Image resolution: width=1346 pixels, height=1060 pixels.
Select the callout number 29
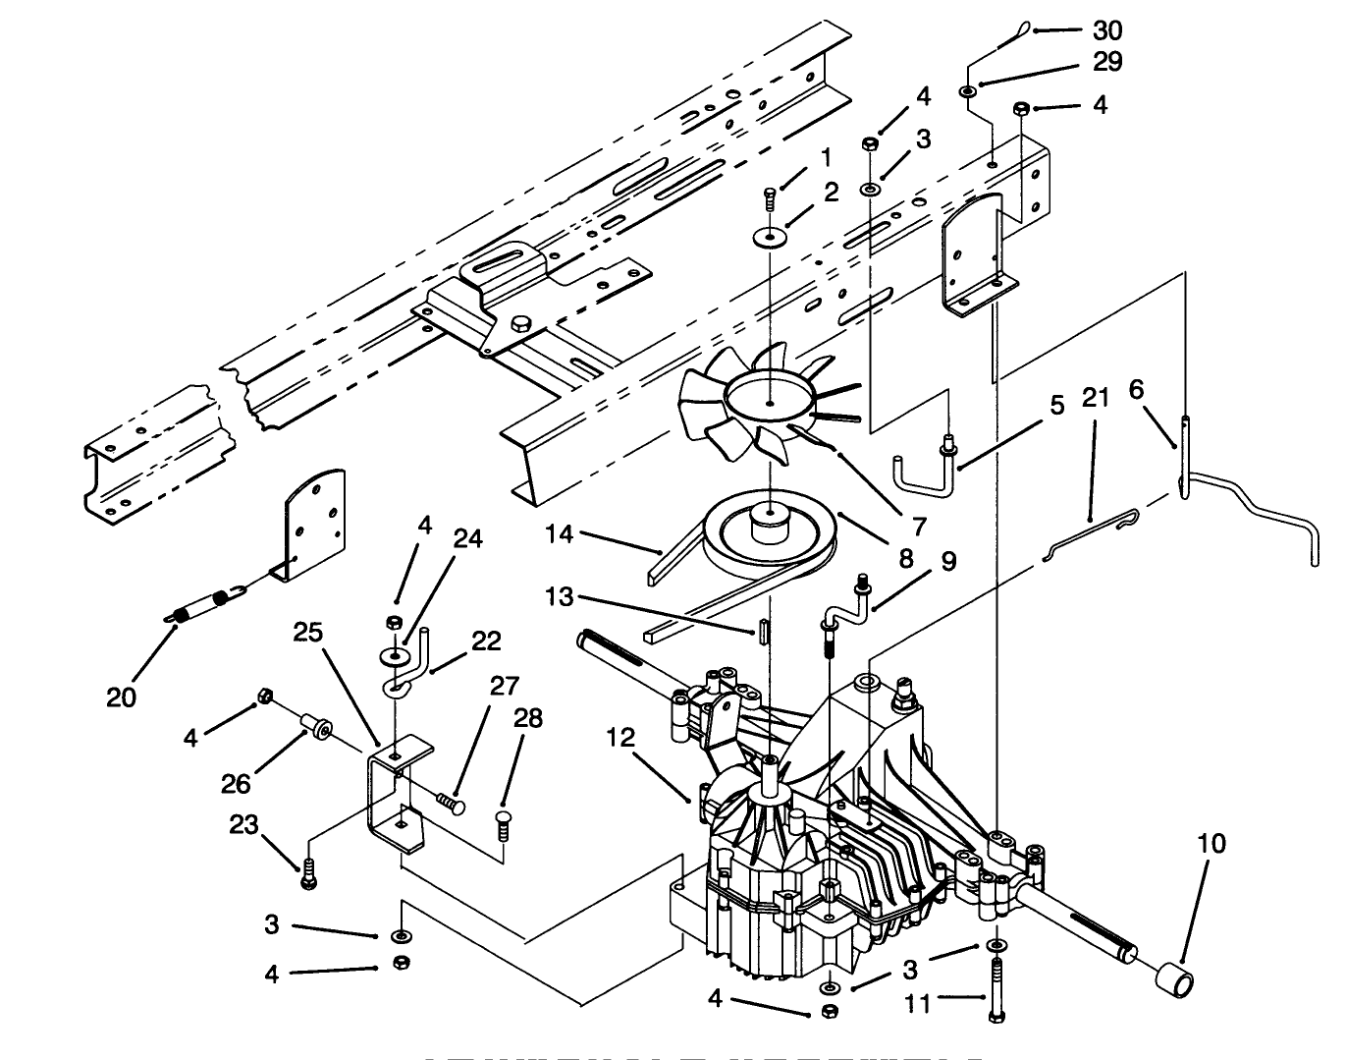pos(1105,62)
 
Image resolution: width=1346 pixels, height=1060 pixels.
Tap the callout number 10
pos(1211,843)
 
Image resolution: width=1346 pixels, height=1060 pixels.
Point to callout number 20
pos(122,697)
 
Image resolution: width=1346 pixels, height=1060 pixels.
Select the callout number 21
pos(1096,398)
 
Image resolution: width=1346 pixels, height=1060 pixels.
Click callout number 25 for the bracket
pos(307,634)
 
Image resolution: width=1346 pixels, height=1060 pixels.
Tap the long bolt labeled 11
pos(997,992)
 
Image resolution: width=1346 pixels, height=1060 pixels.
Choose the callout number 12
pos(621,737)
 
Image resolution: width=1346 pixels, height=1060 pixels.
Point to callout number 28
pos(526,718)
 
